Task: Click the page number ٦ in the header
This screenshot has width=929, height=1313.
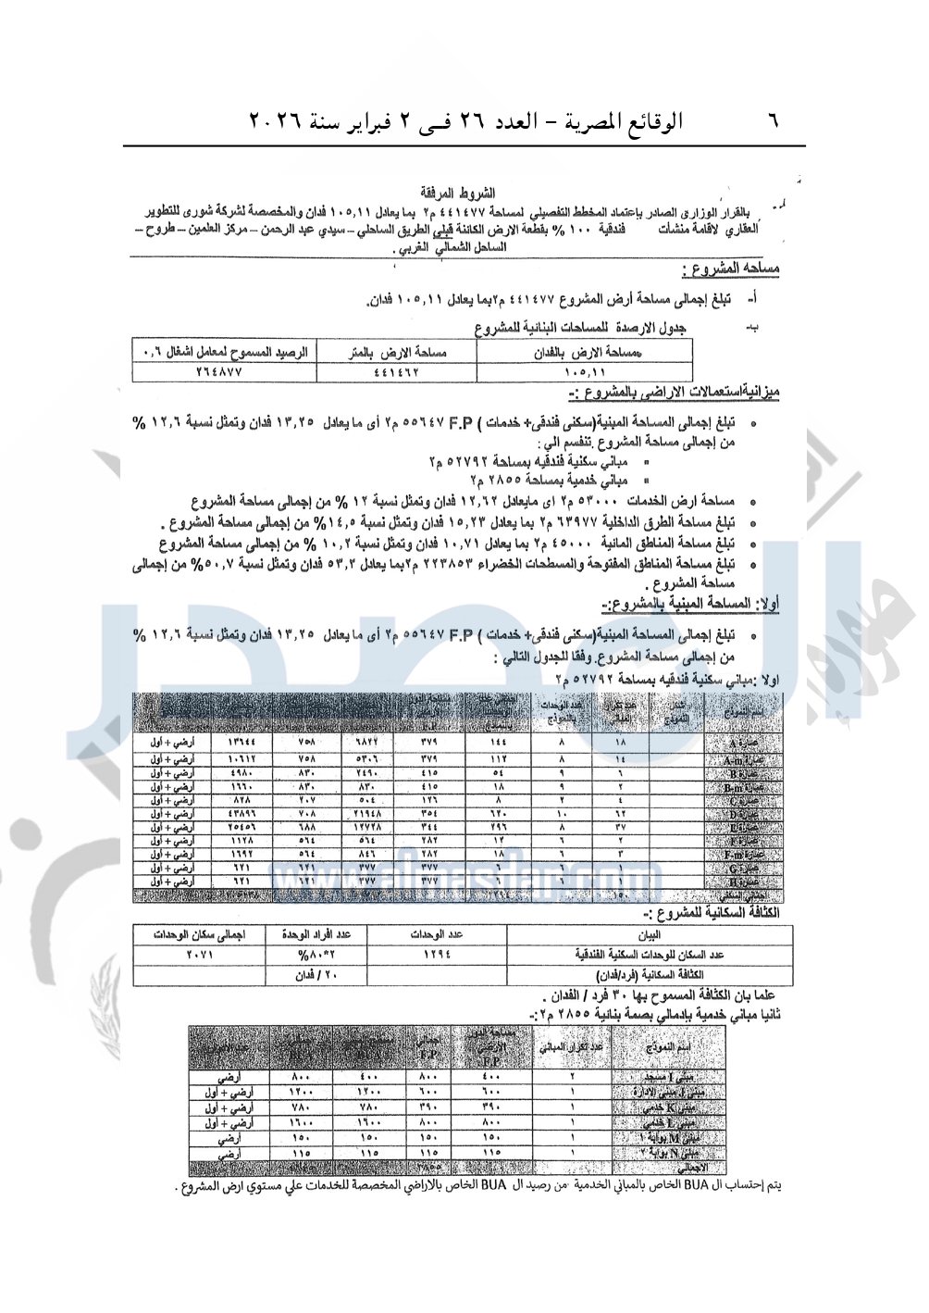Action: pos(774,121)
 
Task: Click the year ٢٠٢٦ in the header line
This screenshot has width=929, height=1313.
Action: pos(277,121)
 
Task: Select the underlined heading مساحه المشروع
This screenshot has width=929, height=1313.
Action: pos(730,269)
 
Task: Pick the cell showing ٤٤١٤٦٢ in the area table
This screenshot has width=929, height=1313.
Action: pos(398,371)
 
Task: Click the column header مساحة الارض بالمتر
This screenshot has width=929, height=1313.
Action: pos(398,353)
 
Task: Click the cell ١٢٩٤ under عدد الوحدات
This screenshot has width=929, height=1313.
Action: pos(437,954)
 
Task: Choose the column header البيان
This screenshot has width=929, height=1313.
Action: pos(649,935)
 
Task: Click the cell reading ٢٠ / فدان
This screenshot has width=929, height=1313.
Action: pos(317,975)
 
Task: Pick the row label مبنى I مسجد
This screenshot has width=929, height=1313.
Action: pos(669,1079)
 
